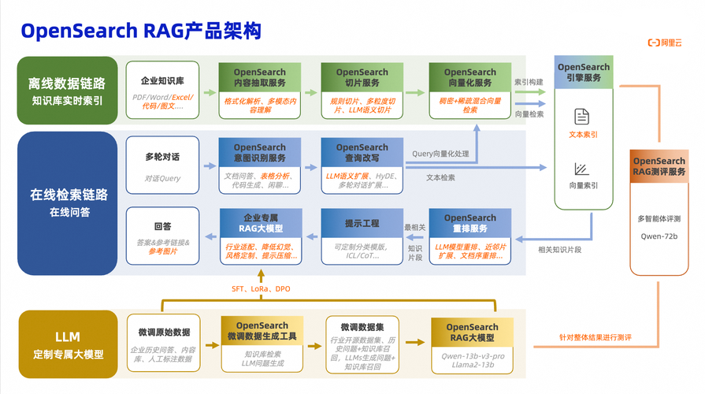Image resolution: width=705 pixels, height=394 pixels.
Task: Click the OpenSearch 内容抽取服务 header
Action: [x=260, y=77]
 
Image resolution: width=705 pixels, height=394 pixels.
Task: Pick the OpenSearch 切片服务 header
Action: [x=362, y=77]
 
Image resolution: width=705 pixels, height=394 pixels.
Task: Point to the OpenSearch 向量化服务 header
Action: [x=469, y=77]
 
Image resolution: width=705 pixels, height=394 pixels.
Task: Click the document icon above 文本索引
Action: [x=582, y=117]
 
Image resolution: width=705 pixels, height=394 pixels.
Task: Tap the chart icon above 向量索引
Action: [x=582, y=168]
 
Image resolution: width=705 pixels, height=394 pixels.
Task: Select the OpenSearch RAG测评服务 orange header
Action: [x=659, y=167]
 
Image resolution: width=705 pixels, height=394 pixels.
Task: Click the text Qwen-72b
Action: [x=659, y=236]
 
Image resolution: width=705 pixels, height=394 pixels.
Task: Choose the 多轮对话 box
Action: [x=162, y=157]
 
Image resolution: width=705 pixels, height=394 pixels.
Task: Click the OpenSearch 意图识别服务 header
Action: [x=260, y=152]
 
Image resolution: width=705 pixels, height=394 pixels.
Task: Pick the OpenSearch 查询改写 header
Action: [x=362, y=152]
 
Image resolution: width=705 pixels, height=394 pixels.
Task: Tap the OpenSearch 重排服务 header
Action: [x=470, y=223]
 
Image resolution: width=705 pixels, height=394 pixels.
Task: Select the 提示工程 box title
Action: [x=362, y=225]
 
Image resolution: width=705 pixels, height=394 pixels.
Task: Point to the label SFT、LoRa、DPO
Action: [x=261, y=289]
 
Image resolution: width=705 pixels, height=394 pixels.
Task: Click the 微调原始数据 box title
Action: [x=164, y=332]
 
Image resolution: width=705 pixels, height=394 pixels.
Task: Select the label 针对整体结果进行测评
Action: [x=584, y=337]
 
